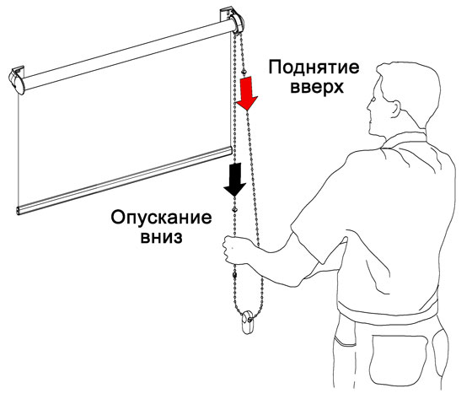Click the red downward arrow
(247, 93)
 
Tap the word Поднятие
(314, 68)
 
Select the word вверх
(317, 87)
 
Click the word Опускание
(161, 218)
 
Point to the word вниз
(162, 237)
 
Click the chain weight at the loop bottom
(248, 322)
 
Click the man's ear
(395, 109)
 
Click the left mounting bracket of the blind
(17, 80)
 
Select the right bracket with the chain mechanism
(233, 20)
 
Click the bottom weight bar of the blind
(124, 181)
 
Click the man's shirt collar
(404, 140)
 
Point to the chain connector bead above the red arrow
(244, 72)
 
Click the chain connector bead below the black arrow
(234, 209)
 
